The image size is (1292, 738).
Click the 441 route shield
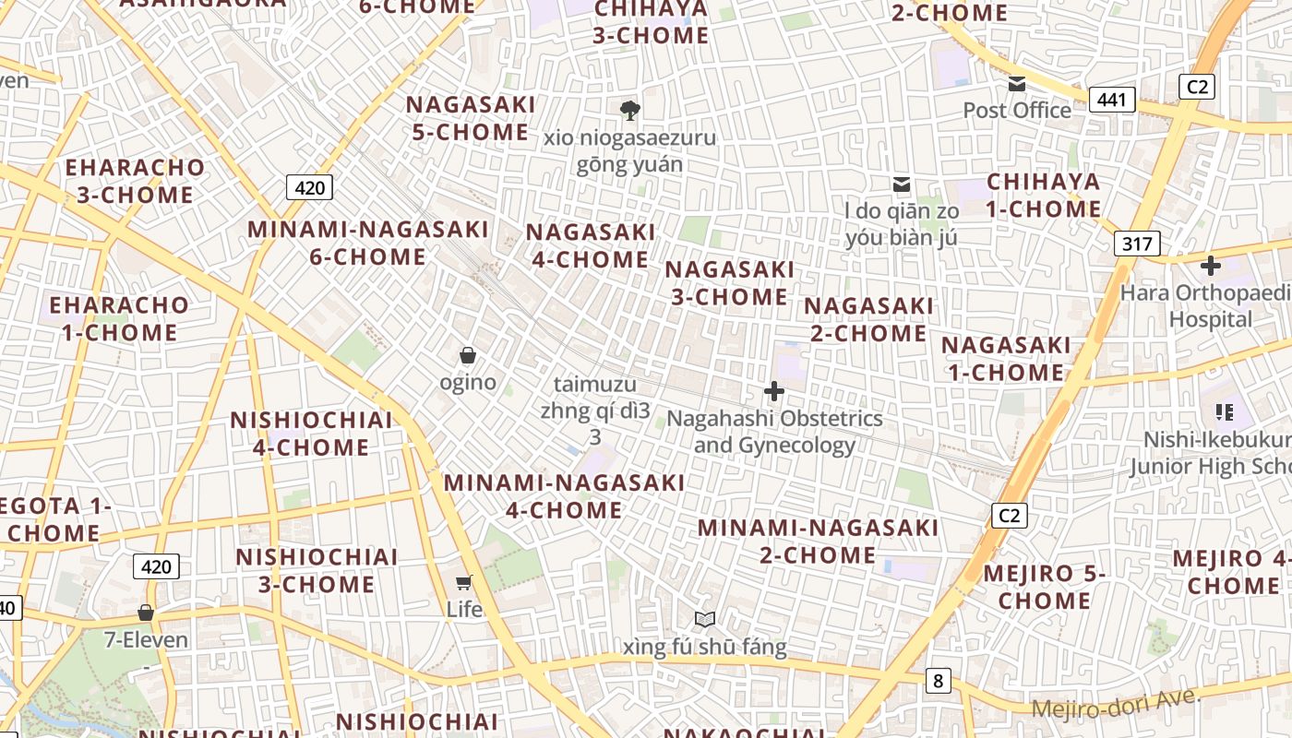point(1111,100)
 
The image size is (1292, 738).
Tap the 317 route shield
point(1137,244)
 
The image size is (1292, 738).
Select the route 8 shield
point(939,682)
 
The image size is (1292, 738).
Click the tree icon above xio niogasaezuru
point(630,111)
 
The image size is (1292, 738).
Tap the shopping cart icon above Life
point(464,582)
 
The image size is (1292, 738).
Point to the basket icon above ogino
point(468,354)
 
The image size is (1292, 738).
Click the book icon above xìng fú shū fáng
point(705,619)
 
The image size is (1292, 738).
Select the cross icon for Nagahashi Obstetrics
point(774,391)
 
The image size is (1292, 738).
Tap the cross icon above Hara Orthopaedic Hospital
point(1210,266)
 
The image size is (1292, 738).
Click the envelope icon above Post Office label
point(1017,84)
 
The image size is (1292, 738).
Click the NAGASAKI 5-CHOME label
point(471,118)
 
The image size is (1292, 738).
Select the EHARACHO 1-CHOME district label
point(119,318)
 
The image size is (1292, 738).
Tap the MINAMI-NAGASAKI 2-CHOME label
point(818,542)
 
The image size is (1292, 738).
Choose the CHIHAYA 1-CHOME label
point(1044,195)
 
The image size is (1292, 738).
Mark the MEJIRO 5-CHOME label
point(1045,587)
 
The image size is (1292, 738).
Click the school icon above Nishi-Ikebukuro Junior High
point(1225,411)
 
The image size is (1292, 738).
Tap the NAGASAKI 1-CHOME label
point(1006,358)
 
